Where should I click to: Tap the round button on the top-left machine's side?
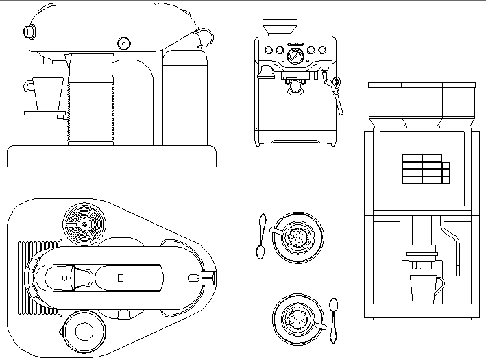tap(123, 43)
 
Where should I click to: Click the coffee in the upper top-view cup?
tap(298, 237)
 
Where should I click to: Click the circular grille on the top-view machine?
tap(84, 222)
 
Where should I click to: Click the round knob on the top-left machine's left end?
tap(29, 31)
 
